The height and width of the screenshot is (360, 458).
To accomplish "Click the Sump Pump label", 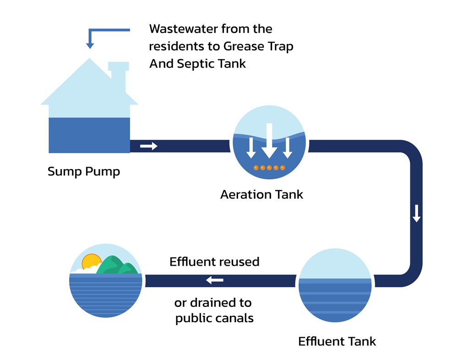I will click(x=84, y=172).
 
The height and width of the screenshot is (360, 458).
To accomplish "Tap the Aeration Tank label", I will click(x=262, y=194).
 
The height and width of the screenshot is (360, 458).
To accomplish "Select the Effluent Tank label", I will click(x=337, y=342).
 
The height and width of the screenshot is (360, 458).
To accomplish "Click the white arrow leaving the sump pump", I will click(x=148, y=146).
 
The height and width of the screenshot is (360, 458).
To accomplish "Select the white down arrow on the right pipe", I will click(x=416, y=213).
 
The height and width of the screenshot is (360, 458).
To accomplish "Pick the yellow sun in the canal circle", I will click(x=91, y=262).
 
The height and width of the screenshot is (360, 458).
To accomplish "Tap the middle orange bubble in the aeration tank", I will click(x=269, y=168).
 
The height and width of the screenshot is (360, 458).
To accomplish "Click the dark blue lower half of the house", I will click(x=89, y=135).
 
